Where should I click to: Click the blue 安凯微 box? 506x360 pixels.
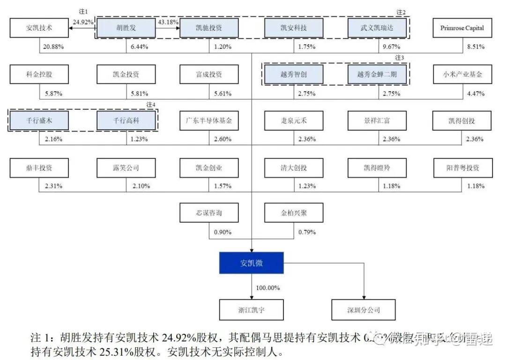point(252,263)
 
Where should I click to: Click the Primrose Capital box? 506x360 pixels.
point(462,28)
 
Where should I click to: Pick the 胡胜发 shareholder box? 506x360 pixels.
point(126,28)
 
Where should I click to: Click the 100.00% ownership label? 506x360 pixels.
point(268,287)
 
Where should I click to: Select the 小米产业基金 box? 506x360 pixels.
point(462,74)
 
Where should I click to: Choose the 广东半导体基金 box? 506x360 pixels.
point(209,120)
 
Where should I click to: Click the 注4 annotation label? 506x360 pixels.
point(150,104)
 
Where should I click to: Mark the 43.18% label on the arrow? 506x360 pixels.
point(168,22)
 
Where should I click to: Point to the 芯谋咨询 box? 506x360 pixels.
point(209,213)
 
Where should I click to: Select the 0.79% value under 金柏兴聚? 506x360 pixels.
point(307,232)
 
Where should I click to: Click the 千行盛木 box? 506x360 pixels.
point(39,120)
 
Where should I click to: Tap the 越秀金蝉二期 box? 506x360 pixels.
point(377,74)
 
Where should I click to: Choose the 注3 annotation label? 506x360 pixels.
point(399,58)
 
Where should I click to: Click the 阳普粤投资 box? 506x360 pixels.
point(462,167)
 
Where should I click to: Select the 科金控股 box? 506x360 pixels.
point(39,74)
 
